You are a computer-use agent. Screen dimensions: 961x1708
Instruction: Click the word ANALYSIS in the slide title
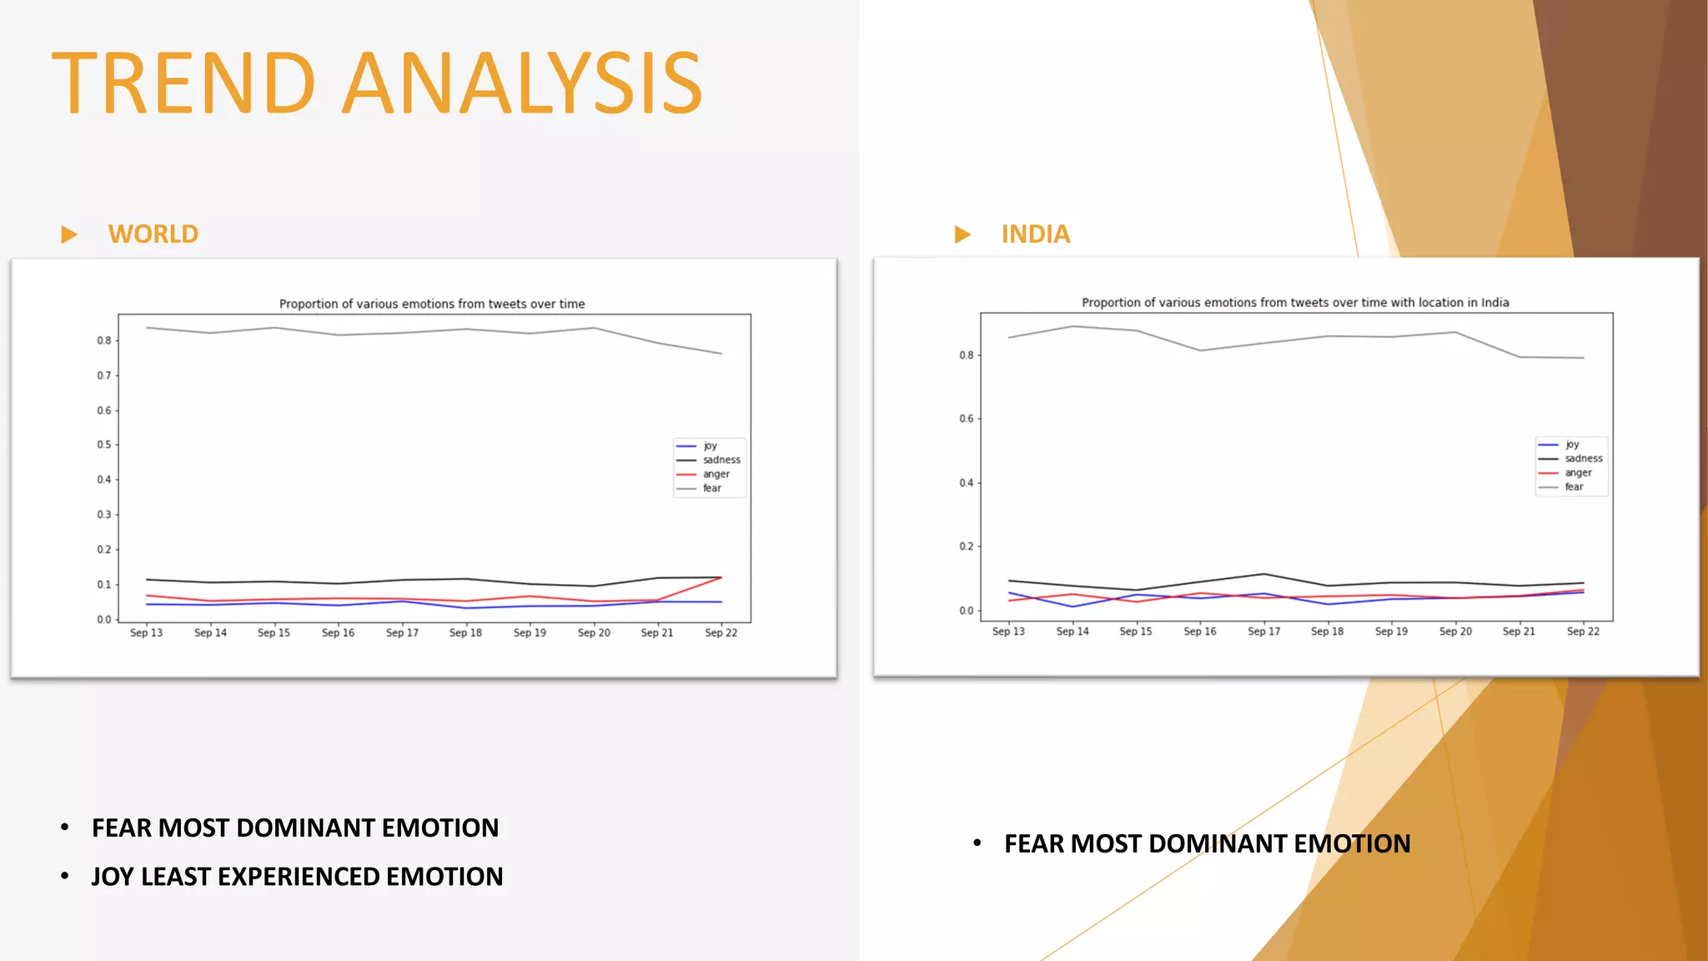point(523,83)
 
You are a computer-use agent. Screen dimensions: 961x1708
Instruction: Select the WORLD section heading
point(153,234)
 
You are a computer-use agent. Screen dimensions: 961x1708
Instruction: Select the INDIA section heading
point(1035,234)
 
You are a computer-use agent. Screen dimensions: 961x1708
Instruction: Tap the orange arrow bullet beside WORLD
point(69,234)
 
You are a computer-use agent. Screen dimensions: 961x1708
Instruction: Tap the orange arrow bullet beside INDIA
point(962,234)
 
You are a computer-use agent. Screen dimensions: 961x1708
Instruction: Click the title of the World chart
point(432,304)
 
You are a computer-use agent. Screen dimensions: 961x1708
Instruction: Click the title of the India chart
point(1295,302)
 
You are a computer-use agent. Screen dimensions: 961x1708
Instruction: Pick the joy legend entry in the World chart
point(710,445)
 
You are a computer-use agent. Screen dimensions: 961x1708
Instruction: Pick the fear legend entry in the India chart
point(1574,486)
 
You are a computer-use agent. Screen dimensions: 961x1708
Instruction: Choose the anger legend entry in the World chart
point(716,474)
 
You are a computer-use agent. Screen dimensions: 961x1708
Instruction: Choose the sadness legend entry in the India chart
point(1583,458)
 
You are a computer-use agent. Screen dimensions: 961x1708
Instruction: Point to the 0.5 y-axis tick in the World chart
point(103,445)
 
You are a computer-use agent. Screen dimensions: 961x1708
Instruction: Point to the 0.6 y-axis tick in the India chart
point(966,419)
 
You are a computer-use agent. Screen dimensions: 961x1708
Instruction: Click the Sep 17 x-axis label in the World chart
point(402,633)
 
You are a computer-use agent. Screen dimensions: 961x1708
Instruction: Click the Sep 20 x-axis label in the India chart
point(1455,631)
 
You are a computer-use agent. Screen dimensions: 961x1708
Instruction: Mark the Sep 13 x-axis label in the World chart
point(146,633)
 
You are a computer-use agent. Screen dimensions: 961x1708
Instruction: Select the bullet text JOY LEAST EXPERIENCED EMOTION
point(297,877)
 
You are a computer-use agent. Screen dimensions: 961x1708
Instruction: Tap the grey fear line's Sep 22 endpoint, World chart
point(721,354)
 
